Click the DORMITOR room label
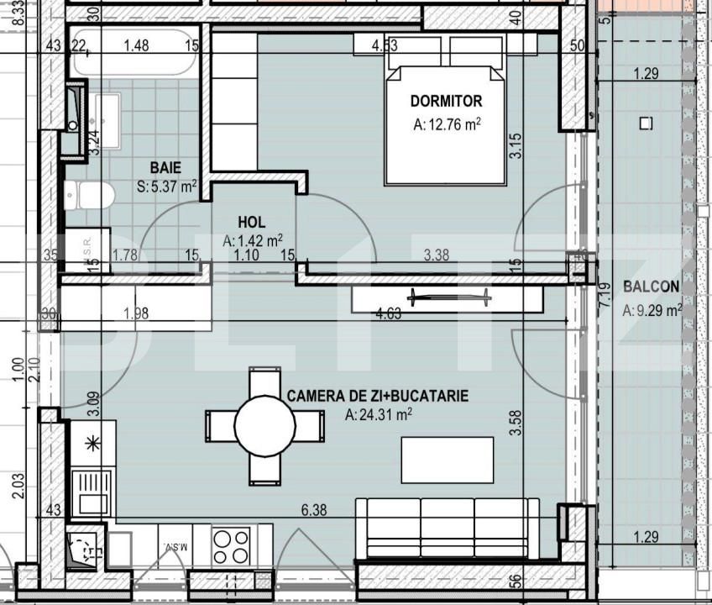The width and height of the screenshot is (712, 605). point(446,102)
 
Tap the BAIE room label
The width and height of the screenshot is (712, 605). point(165,168)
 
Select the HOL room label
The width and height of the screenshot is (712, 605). point(252,223)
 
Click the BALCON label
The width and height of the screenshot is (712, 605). point(651,287)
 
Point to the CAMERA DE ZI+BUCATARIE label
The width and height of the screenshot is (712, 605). point(378,396)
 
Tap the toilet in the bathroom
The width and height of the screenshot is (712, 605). point(89,196)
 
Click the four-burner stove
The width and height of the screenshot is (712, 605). point(231,546)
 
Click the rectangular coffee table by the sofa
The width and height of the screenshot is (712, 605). point(447,460)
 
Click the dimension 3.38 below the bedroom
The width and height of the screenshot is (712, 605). point(437,255)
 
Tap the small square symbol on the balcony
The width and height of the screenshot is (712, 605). point(646,124)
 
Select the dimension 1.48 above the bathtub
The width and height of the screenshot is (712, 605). point(136,45)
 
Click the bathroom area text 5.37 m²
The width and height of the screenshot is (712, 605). point(167,187)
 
